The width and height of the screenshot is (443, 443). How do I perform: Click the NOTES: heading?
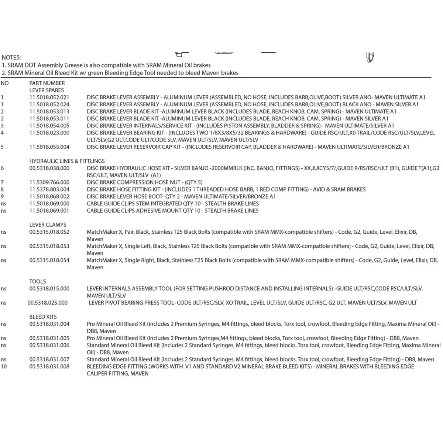point(11,58)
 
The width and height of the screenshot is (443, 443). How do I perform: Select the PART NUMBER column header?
point(47,83)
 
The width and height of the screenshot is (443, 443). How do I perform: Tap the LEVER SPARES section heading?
point(47,90)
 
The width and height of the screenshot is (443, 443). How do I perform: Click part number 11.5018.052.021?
point(49,97)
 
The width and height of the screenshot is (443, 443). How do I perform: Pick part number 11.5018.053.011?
point(49,119)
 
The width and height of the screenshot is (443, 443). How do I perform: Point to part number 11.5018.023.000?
point(49,133)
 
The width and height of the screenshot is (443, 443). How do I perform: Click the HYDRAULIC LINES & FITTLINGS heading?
point(67,161)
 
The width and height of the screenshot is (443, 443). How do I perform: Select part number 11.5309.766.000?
point(49,182)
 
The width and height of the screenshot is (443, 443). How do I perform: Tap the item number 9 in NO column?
point(2,196)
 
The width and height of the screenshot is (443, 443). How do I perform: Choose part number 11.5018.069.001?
point(49,211)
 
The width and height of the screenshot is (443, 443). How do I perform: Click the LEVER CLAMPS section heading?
point(48,225)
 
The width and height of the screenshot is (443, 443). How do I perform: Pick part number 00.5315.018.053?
point(49,246)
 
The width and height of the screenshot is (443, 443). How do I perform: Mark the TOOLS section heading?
point(38,281)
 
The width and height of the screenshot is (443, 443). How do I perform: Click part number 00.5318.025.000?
point(47,303)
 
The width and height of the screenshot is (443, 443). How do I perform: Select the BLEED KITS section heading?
point(43,317)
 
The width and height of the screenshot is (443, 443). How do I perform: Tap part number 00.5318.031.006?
point(49,345)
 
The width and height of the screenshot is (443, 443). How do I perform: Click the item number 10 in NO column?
point(4,367)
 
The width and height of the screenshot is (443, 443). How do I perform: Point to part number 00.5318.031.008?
point(49,367)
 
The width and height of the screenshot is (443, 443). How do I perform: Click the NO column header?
point(4,83)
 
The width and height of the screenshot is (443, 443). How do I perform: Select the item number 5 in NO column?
point(2,147)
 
